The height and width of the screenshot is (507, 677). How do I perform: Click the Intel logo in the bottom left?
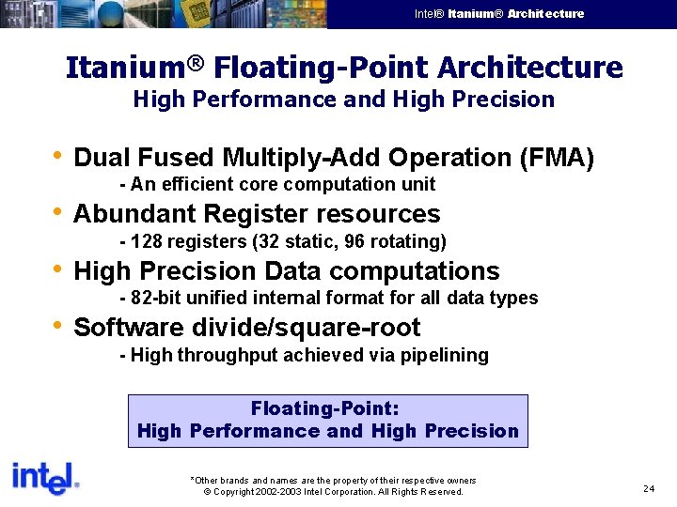point(44,479)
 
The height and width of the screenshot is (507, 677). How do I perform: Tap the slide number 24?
point(649,488)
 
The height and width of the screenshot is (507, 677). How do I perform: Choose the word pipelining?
point(446,355)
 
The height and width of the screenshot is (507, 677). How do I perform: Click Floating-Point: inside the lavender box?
point(325,408)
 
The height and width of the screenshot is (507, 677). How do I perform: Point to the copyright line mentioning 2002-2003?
point(333,492)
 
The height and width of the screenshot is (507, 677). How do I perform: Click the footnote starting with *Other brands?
point(333,480)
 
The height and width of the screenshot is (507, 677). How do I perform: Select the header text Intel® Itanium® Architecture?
point(499,14)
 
